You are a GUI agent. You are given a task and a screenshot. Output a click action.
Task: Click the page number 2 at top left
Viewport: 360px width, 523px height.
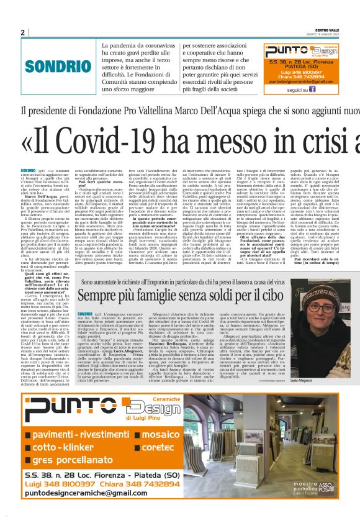point(23,32)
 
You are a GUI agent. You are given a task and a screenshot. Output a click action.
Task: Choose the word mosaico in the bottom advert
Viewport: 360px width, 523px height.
point(160,416)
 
